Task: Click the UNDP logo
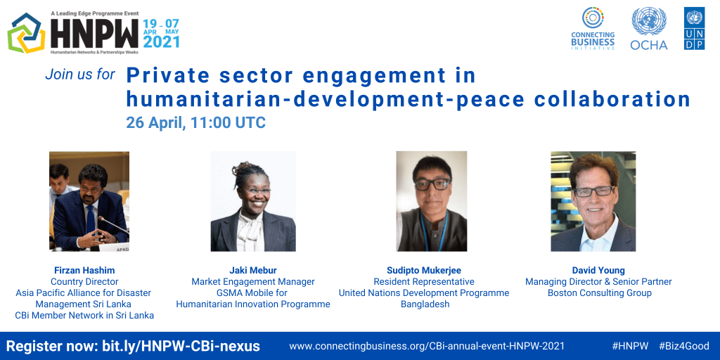(x=694, y=28)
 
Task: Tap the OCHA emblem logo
(x=649, y=28)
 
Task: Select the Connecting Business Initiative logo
(x=592, y=28)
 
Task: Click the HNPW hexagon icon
(x=26, y=33)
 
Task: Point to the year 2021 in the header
(x=161, y=41)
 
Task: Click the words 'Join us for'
(x=80, y=75)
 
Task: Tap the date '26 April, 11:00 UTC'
(x=196, y=123)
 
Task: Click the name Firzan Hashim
(x=84, y=270)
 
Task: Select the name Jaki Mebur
(x=253, y=270)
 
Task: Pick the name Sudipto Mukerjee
(x=424, y=270)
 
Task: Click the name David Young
(x=598, y=270)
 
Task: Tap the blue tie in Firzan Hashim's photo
(x=90, y=219)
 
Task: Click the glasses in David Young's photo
(x=595, y=191)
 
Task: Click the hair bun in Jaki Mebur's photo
(x=244, y=169)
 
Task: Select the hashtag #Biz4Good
(x=684, y=346)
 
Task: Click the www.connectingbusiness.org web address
(x=427, y=346)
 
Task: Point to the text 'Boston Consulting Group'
(x=599, y=293)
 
